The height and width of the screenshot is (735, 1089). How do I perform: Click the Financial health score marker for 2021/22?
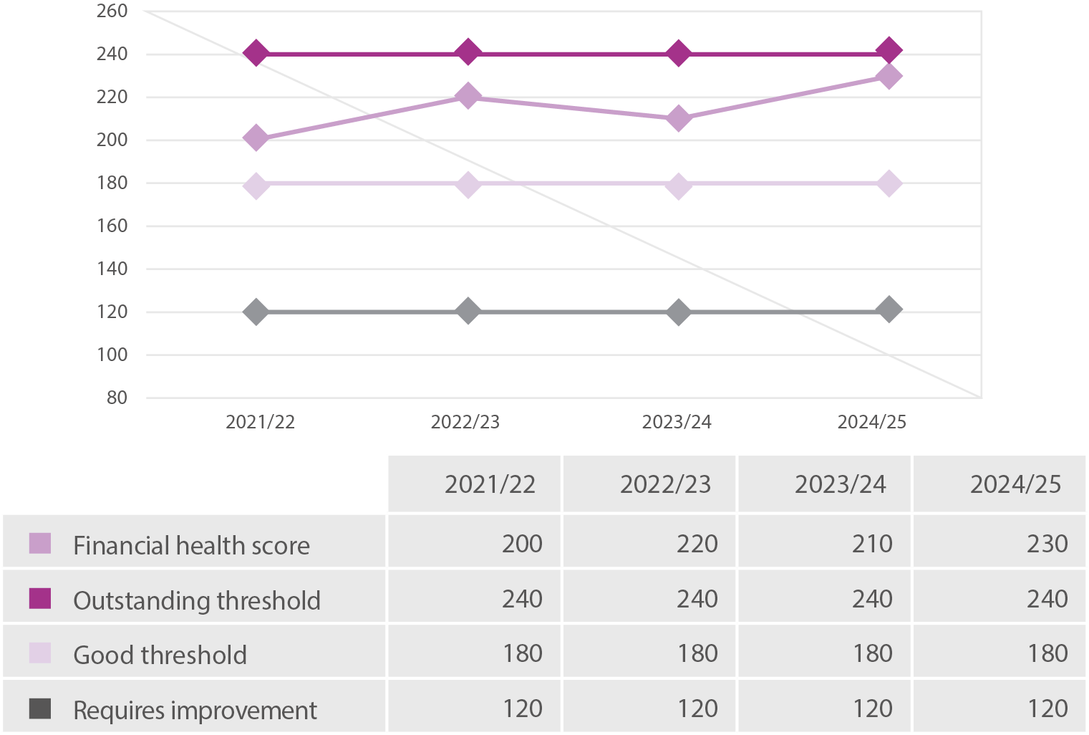pos(256,138)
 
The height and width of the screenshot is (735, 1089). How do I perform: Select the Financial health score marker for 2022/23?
pos(468,96)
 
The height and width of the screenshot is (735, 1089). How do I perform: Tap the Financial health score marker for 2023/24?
pos(678,118)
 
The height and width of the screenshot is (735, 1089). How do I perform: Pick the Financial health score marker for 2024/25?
pos(889,76)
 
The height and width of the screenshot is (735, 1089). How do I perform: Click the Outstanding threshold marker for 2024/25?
pos(889,52)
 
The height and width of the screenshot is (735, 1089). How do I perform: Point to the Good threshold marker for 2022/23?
pos(468,184)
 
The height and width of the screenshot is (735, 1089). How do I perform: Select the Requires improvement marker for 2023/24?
pos(678,312)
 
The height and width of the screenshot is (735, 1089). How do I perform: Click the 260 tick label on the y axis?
pos(112,11)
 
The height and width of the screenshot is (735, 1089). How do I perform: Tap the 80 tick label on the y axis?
pos(117,398)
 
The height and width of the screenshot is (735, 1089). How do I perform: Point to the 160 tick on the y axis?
pos(112,226)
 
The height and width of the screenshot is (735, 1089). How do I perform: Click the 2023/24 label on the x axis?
pos(677,423)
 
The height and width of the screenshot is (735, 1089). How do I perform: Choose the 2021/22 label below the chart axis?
pos(260,423)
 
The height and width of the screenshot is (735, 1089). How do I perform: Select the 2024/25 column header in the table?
pos(1015,485)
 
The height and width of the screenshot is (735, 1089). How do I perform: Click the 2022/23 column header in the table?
pos(665,485)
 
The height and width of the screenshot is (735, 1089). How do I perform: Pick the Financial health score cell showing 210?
pos(872,544)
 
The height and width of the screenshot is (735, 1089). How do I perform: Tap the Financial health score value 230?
pos(1047,544)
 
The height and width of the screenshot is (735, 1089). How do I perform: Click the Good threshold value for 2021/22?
pos(522,653)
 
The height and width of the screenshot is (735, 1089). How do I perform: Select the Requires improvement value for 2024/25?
pos(1047,708)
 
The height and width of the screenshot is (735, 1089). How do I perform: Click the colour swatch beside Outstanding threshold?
pos(40,598)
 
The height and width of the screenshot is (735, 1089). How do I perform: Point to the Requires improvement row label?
pos(195,711)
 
